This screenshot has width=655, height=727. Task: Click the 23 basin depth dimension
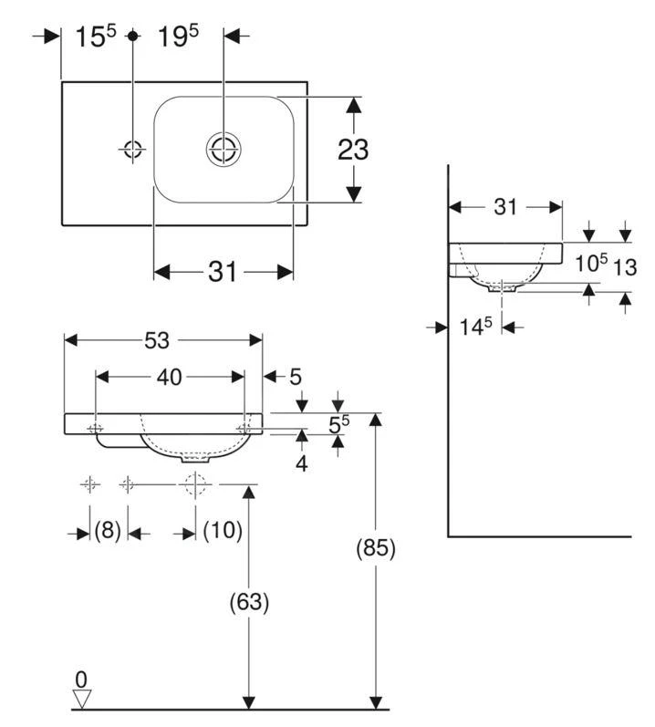353,150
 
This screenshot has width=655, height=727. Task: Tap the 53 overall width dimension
157,341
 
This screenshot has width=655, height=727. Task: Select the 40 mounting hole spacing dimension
169,378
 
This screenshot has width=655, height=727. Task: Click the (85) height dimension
376,548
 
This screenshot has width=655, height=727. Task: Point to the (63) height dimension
249,602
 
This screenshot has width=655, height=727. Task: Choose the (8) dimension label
108,529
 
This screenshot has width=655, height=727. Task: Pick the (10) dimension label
223,529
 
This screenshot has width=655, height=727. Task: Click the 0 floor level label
81,680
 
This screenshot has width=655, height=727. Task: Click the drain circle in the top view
224,150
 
